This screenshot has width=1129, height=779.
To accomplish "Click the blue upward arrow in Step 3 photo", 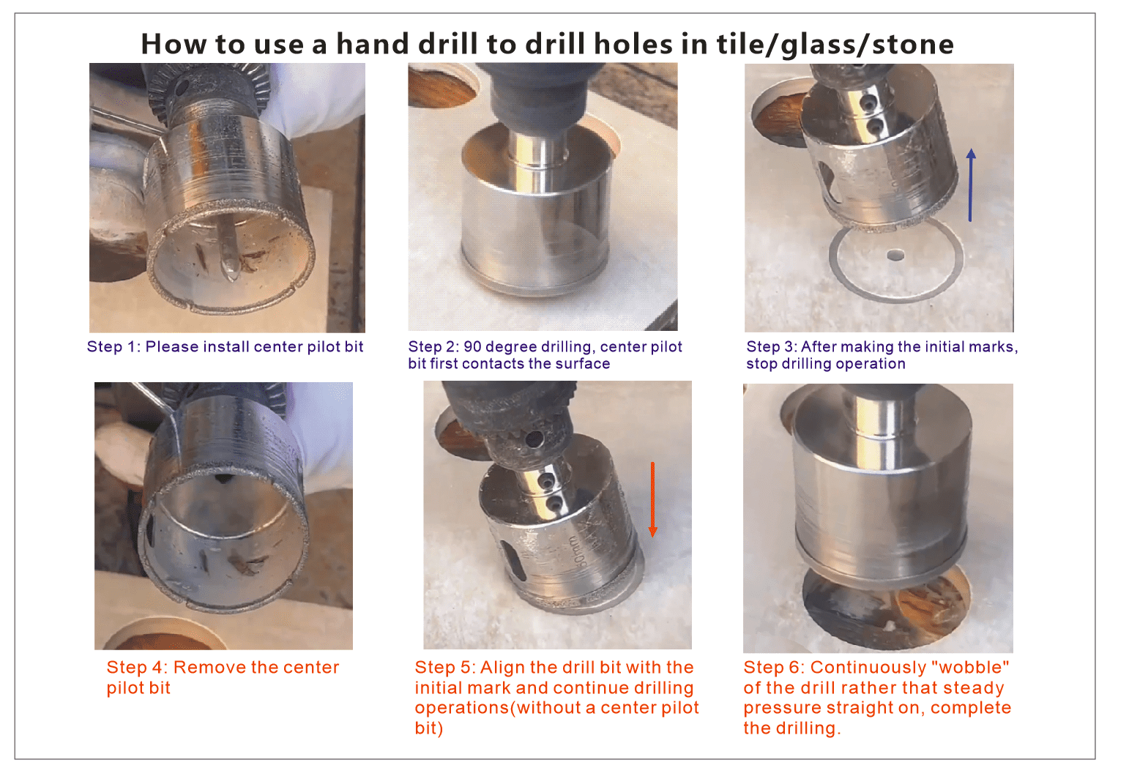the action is click(x=970, y=185).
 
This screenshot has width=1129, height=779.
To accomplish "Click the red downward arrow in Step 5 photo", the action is click(x=652, y=499).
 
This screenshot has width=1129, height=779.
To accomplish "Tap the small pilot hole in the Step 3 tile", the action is click(x=895, y=256).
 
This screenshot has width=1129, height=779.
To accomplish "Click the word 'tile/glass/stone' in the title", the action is click(x=835, y=45).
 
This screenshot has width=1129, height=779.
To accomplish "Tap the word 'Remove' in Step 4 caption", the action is click(x=209, y=667).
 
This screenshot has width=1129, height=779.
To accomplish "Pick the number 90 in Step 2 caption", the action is click(x=472, y=347).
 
